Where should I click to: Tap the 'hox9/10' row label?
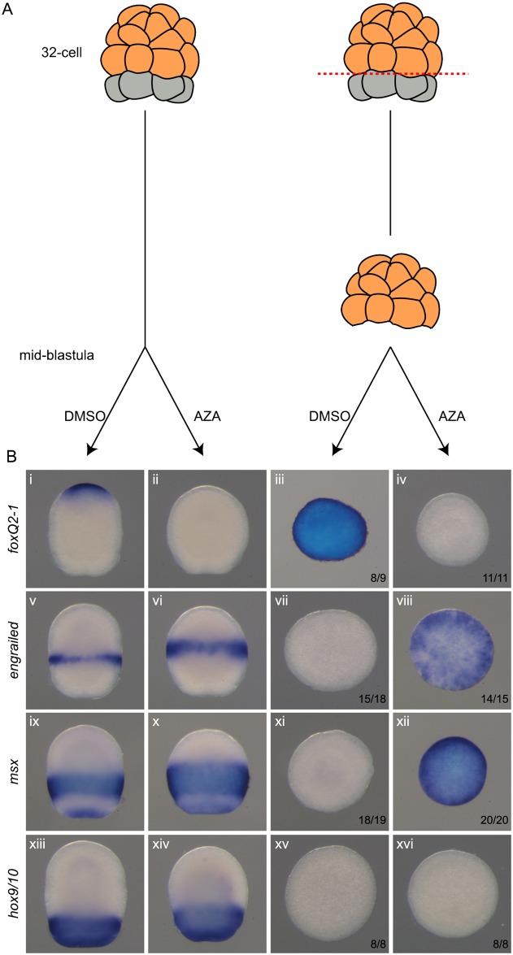(11, 887)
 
